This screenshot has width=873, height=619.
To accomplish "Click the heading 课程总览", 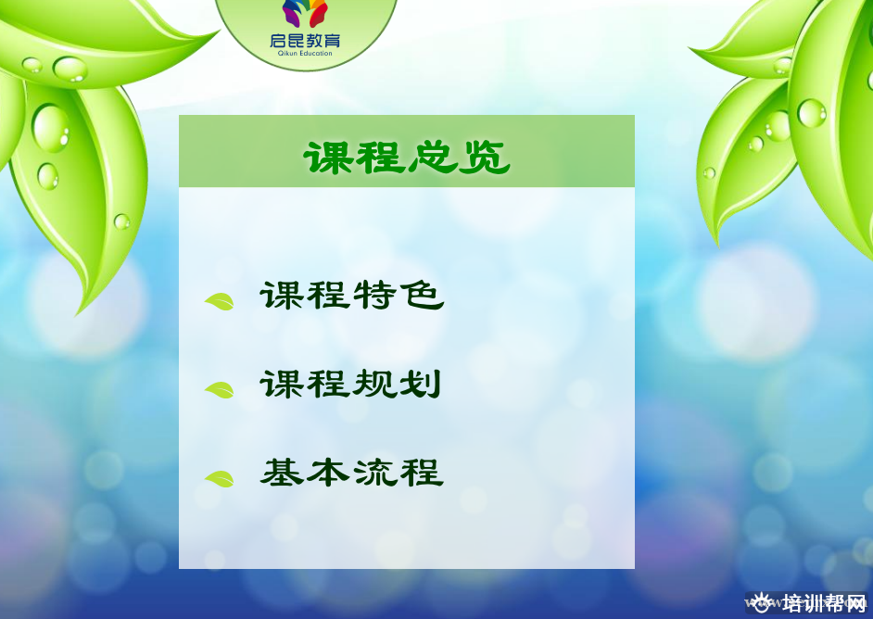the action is (x=407, y=158).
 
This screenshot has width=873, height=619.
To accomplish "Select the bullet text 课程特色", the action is (x=352, y=295).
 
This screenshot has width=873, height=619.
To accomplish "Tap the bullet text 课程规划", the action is (x=350, y=384).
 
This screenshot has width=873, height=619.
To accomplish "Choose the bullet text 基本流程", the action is (x=352, y=473).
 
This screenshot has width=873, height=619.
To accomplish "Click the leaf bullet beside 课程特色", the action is (x=220, y=302).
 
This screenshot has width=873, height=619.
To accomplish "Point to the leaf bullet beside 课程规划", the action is (x=220, y=390).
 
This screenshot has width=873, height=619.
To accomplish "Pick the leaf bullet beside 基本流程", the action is (x=220, y=479).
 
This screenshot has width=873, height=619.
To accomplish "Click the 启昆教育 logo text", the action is (x=305, y=40).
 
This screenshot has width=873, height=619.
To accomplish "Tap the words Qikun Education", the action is (x=305, y=54).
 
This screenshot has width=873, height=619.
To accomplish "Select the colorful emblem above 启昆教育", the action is (x=305, y=13).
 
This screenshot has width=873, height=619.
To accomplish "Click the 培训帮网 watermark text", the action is (x=825, y=603).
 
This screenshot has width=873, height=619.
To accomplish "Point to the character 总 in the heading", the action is (x=433, y=158).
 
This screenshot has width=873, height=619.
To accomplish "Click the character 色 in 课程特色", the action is (x=424, y=295).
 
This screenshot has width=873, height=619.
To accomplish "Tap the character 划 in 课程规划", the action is (x=421, y=384).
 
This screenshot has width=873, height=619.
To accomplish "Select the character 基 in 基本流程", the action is (x=283, y=473).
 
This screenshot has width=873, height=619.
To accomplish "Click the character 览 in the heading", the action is (x=485, y=158).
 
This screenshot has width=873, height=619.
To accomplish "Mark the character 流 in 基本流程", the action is (x=374, y=473).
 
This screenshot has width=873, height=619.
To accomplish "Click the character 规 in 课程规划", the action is (x=373, y=384).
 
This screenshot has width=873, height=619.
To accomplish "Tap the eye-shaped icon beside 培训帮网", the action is (x=762, y=603).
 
